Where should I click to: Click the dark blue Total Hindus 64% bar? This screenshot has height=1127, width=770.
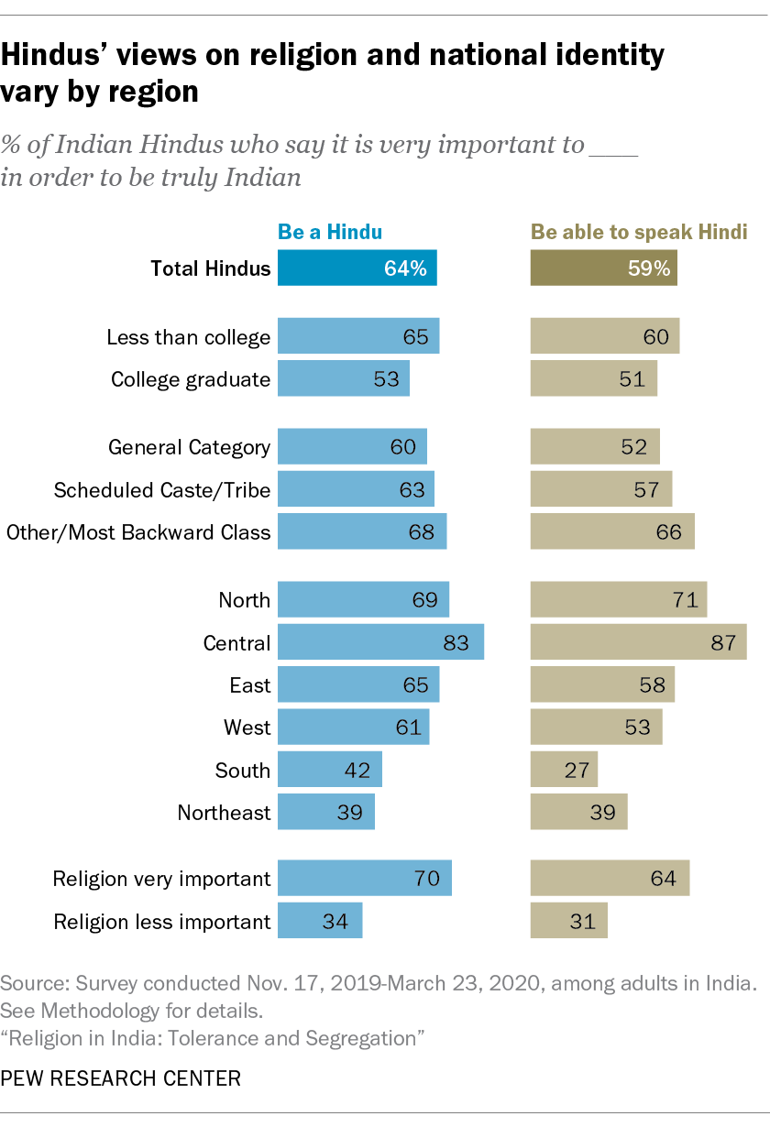pos(357,268)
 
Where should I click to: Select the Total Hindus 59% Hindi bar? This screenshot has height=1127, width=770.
pos(603,268)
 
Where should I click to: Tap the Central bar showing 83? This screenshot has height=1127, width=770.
pos(380,642)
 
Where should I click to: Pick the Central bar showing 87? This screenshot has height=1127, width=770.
pos(638,642)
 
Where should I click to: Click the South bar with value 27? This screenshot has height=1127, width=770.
pos(564,770)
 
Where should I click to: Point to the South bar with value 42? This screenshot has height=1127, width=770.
pos(329,770)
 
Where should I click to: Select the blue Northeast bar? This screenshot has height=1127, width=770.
pos(325,812)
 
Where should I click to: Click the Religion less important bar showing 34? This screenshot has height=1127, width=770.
pos(320,921)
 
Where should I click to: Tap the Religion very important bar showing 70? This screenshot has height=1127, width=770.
pos(364,879)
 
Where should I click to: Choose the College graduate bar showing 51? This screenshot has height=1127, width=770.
pos(593,378)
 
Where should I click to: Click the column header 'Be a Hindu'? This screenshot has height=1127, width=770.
pos(330,232)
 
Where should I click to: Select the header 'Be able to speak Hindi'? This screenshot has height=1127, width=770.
pos(639,232)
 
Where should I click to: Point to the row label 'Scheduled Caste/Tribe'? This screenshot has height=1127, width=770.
pos(162,490)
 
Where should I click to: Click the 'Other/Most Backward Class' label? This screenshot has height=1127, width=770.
pos(138,532)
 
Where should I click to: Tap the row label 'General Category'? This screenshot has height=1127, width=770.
pos(189,448)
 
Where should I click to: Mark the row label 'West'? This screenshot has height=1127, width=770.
pos(247,728)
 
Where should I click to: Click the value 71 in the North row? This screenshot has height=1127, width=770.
pos(685,601)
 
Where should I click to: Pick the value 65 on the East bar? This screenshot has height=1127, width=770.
pos(415,685)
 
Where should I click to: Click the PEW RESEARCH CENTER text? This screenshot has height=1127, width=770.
pos(121,1078)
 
